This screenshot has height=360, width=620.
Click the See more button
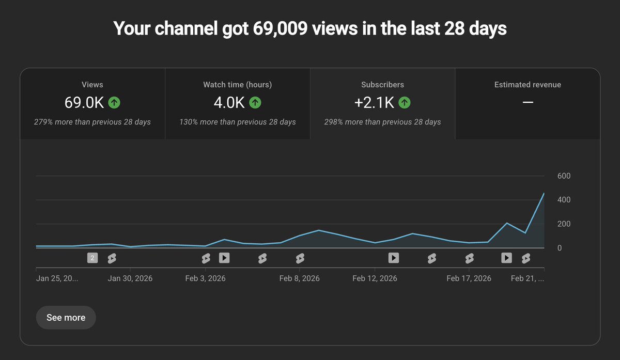[66, 318]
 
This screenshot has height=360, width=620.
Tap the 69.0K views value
[84, 103]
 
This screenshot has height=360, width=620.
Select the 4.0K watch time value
[229, 103]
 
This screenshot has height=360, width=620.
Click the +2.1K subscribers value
[374, 103]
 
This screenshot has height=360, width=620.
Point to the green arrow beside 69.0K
[114, 103]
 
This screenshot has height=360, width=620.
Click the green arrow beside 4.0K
[255, 103]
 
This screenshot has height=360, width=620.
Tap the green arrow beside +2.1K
[405, 103]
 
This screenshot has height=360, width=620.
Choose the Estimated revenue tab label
[528, 85]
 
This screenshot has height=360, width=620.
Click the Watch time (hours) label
[237, 85]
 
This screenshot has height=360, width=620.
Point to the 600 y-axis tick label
[564, 176]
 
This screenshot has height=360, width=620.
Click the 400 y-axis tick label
[564, 200]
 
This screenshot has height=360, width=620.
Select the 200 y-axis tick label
[564, 224]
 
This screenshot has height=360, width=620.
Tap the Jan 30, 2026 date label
[130, 278]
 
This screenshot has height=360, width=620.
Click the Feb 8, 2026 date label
[299, 278]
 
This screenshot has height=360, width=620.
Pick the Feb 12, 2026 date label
[375, 278]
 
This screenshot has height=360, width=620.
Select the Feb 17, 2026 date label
[469, 278]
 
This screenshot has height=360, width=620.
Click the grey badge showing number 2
[92, 258]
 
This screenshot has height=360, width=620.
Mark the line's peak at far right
[544, 193]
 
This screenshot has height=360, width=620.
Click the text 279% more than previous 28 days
[92, 122]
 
